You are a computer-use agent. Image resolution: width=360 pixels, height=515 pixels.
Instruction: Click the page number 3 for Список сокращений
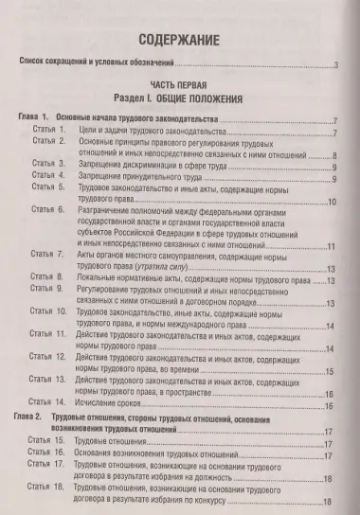click(335, 65)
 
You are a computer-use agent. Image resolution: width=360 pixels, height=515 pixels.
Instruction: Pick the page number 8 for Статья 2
click(335, 158)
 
